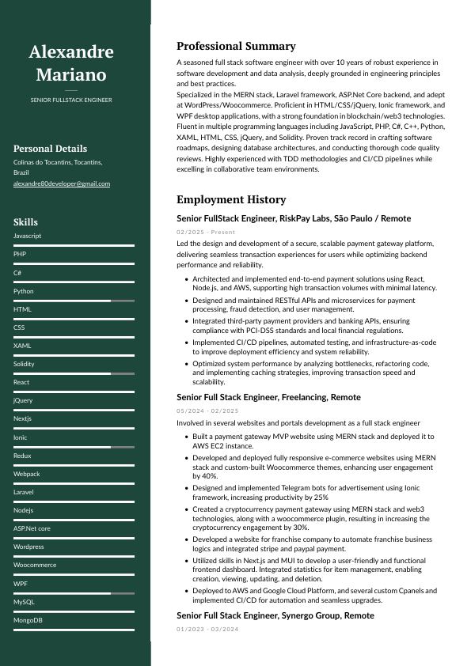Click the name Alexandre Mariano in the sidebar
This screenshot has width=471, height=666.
coord(71,63)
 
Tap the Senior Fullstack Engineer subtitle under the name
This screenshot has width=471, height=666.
coord(71,100)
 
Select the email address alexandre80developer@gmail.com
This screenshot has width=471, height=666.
coord(62,184)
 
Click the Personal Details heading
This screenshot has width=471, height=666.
coord(50,149)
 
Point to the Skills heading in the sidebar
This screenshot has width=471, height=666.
coord(25,222)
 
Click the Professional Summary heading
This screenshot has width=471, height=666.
coord(236,47)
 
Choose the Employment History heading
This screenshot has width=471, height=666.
coord(231,200)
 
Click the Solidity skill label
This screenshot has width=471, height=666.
coord(24,364)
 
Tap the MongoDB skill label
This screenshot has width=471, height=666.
coord(28,619)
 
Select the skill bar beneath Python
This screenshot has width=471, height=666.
coord(74,301)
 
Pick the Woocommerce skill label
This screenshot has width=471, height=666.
coord(35,565)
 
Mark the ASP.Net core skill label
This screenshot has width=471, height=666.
coord(32,528)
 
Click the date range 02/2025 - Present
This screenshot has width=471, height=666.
coord(206,233)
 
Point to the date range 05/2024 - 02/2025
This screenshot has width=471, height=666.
coord(207,411)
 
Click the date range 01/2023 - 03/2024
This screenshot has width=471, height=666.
coord(207,629)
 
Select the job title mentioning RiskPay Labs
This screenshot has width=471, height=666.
coord(294,218)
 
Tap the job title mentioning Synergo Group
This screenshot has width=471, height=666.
coord(275,615)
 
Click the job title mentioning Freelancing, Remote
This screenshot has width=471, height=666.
coord(268,397)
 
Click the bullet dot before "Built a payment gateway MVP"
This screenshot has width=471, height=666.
coord(185,437)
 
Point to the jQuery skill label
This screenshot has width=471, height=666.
coord(23,400)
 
